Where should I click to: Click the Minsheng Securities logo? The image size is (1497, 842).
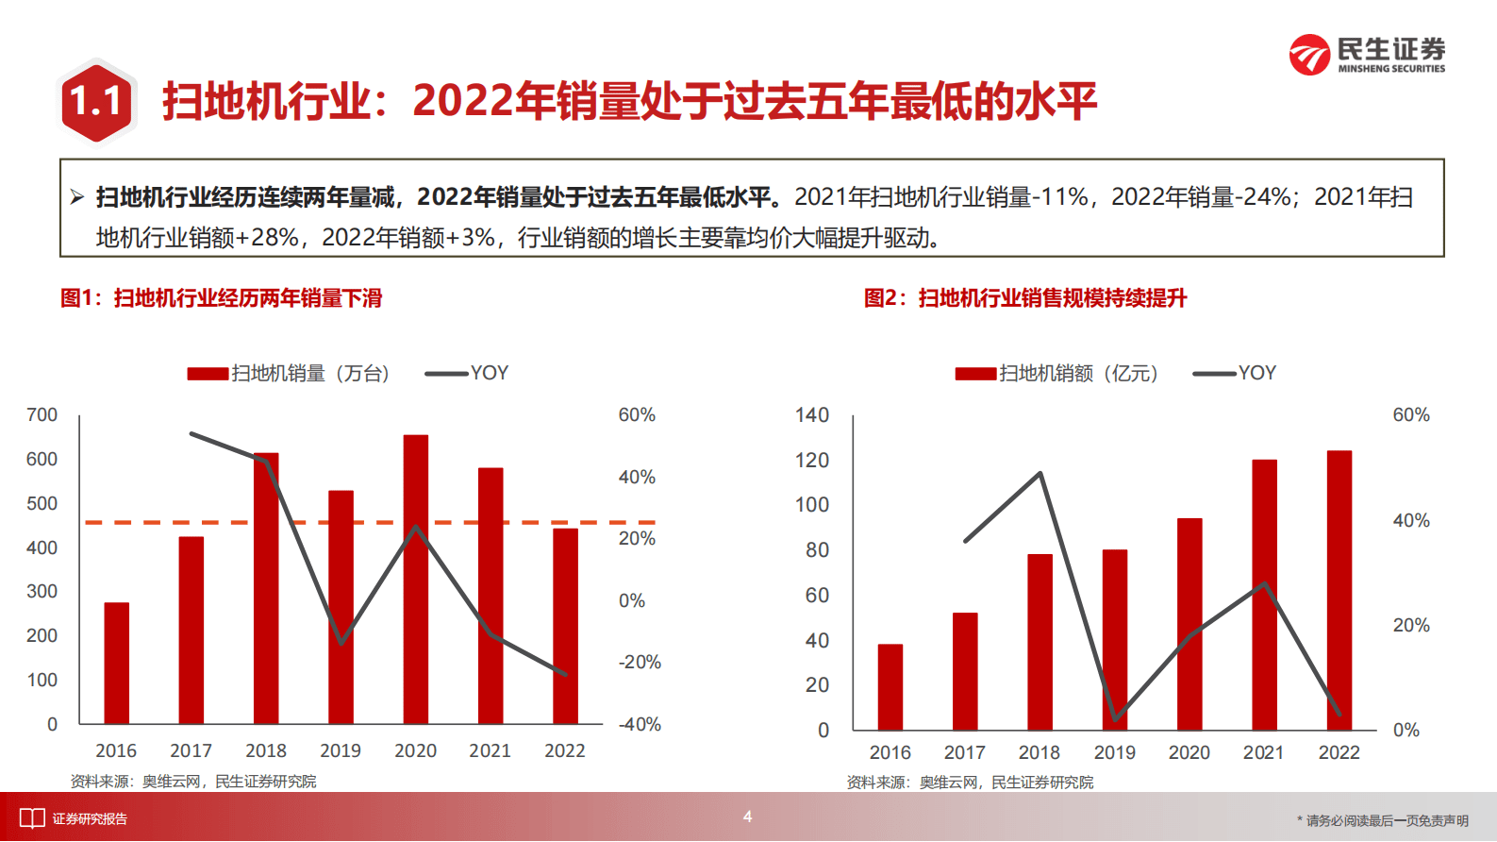[1367, 55]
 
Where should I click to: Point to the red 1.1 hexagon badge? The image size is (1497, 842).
[96, 101]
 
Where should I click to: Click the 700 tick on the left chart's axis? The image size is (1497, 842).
[42, 415]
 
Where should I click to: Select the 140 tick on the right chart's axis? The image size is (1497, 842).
[811, 415]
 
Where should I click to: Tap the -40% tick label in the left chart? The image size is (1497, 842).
[640, 724]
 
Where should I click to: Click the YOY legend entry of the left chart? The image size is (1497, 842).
[468, 373]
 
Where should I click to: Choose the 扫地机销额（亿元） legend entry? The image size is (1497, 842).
[1056, 373]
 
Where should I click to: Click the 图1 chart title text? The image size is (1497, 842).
[222, 298]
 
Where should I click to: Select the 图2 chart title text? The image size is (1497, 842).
[1025, 298]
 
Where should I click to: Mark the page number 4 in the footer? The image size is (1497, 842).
[747, 817]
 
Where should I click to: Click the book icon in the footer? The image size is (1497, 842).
[32, 818]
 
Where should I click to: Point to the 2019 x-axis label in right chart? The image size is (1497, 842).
[1114, 752]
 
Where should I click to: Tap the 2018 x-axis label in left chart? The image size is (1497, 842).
[266, 750]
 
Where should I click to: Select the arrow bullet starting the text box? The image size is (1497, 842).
[77, 197]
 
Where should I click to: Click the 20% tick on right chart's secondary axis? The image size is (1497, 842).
[1410, 625]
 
